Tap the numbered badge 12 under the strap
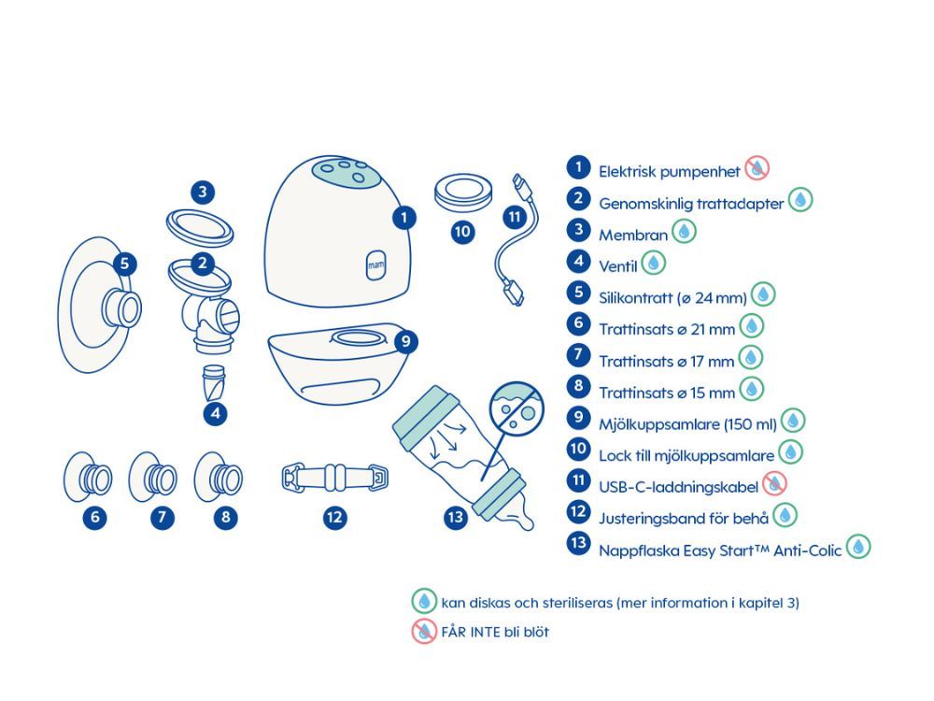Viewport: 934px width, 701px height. pos(335,516)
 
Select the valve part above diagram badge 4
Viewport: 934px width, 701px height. pos(214,381)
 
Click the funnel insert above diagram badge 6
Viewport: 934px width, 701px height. pos(90,478)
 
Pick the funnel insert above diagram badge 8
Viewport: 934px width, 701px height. pos(219,478)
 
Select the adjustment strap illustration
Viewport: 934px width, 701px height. pos(334,478)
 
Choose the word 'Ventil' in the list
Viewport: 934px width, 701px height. pos(617,266)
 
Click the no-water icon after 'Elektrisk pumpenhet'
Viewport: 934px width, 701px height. pos(757,169)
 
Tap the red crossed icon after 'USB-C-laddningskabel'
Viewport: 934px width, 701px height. pos(774,482)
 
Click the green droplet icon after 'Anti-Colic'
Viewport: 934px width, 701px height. pos(858,547)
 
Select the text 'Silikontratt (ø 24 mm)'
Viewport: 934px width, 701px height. pos(672,298)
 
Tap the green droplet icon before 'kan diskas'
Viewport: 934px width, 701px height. pos(424,601)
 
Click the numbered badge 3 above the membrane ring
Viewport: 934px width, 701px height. pos(203,193)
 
